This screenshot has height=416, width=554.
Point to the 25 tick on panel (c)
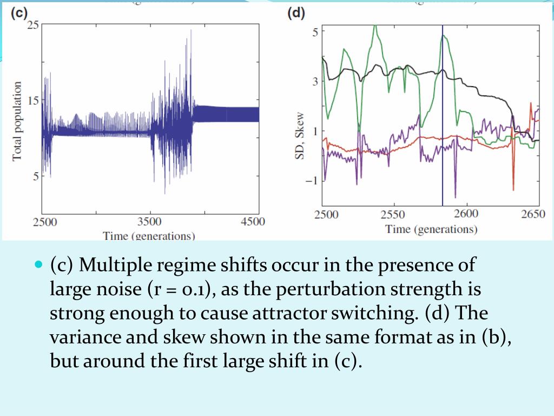pyautogui.click(x=32, y=25)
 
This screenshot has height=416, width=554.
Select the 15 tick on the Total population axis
pyautogui.click(x=32, y=101)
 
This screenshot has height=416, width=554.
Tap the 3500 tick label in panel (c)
pyautogui.click(x=149, y=222)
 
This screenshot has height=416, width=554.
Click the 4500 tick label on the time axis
pyautogui.click(x=252, y=222)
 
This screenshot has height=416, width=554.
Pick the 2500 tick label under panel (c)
pyautogui.click(x=45, y=222)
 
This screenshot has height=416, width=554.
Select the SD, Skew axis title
pyautogui.click(x=299, y=136)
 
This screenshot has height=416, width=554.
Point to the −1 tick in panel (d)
pyautogui.click(x=312, y=180)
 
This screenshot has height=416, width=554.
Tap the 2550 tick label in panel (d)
pyautogui.click(x=393, y=214)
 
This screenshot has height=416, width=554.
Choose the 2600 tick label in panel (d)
pyautogui.click(x=466, y=213)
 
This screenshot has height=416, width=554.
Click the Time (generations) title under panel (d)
pyautogui.click(x=431, y=229)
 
